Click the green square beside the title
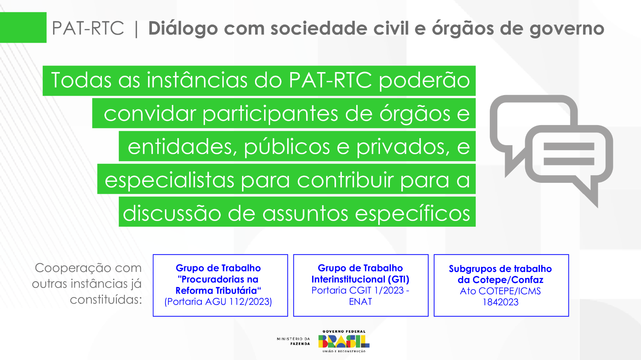point(23,27)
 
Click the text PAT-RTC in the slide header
point(88,28)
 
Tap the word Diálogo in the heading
point(183,29)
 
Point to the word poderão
point(424,80)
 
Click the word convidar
point(150,114)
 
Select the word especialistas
point(169,180)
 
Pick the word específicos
point(412,213)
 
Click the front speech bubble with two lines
point(569,157)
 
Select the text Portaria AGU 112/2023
point(218,302)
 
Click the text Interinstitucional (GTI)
point(360,279)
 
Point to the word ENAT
point(360,302)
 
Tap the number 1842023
point(500,302)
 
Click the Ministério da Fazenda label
point(293,341)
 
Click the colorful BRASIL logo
point(344,341)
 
